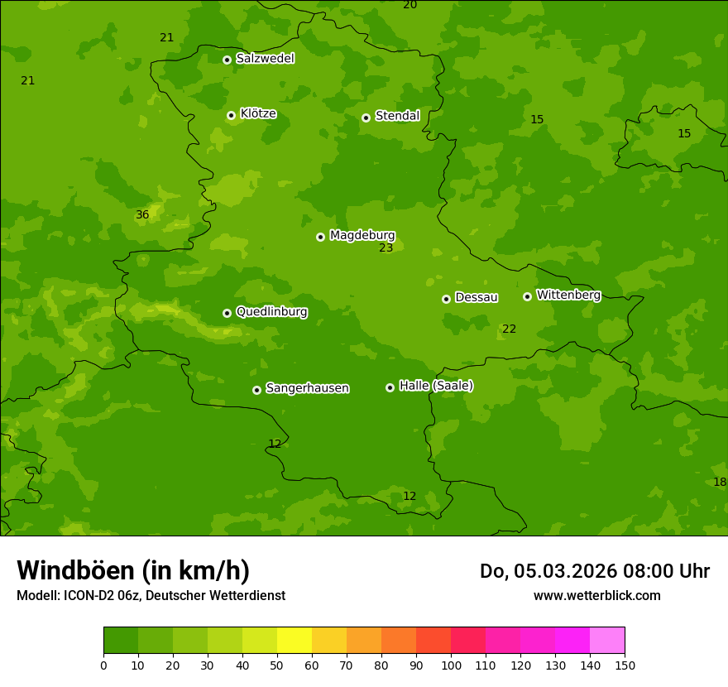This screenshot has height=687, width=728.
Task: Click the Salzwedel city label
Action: pyautogui.click(x=265, y=59)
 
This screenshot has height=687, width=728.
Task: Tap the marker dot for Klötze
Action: pyautogui.click(x=231, y=116)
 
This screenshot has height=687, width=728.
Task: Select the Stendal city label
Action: pyautogui.click(x=397, y=116)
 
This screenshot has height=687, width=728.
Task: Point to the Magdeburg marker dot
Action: pyautogui.click(x=320, y=237)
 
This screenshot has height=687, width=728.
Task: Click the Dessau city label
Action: pyautogui.click(x=477, y=297)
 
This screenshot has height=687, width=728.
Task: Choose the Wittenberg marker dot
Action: pyautogui.click(x=527, y=296)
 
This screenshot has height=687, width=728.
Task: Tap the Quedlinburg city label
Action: pyautogui.click(x=271, y=312)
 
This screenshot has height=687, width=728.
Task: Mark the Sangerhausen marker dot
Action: pyautogui.click(x=256, y=390)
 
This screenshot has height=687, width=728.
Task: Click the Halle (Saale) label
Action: pyautogui.click(x=436, y=386)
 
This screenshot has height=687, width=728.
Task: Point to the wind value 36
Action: pyautogui.click(x=142, y=215)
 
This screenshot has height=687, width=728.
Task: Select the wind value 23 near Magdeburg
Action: pyautogui.click(x=386, y=248)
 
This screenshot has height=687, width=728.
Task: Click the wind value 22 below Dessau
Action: pyautogui.click(x=509, y=329)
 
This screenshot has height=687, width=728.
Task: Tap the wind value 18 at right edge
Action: pyautogui.click(x=720, y=483)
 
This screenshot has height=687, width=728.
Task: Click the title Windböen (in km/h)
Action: pyautogui.click(x=133, y=570)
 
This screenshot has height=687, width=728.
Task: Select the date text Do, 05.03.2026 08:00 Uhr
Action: pyautogui.click(x=595, y=571)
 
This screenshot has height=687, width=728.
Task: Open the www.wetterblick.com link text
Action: pyautogui.click(x=597, y=596)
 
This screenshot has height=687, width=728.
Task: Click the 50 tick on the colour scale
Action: pyautogui.click(x=277, y=665)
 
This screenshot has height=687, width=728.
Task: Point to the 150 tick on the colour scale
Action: pyautogui.click(x=625, y=665)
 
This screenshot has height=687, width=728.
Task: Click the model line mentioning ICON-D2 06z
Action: pyautogui.click(x=151, y=596)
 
